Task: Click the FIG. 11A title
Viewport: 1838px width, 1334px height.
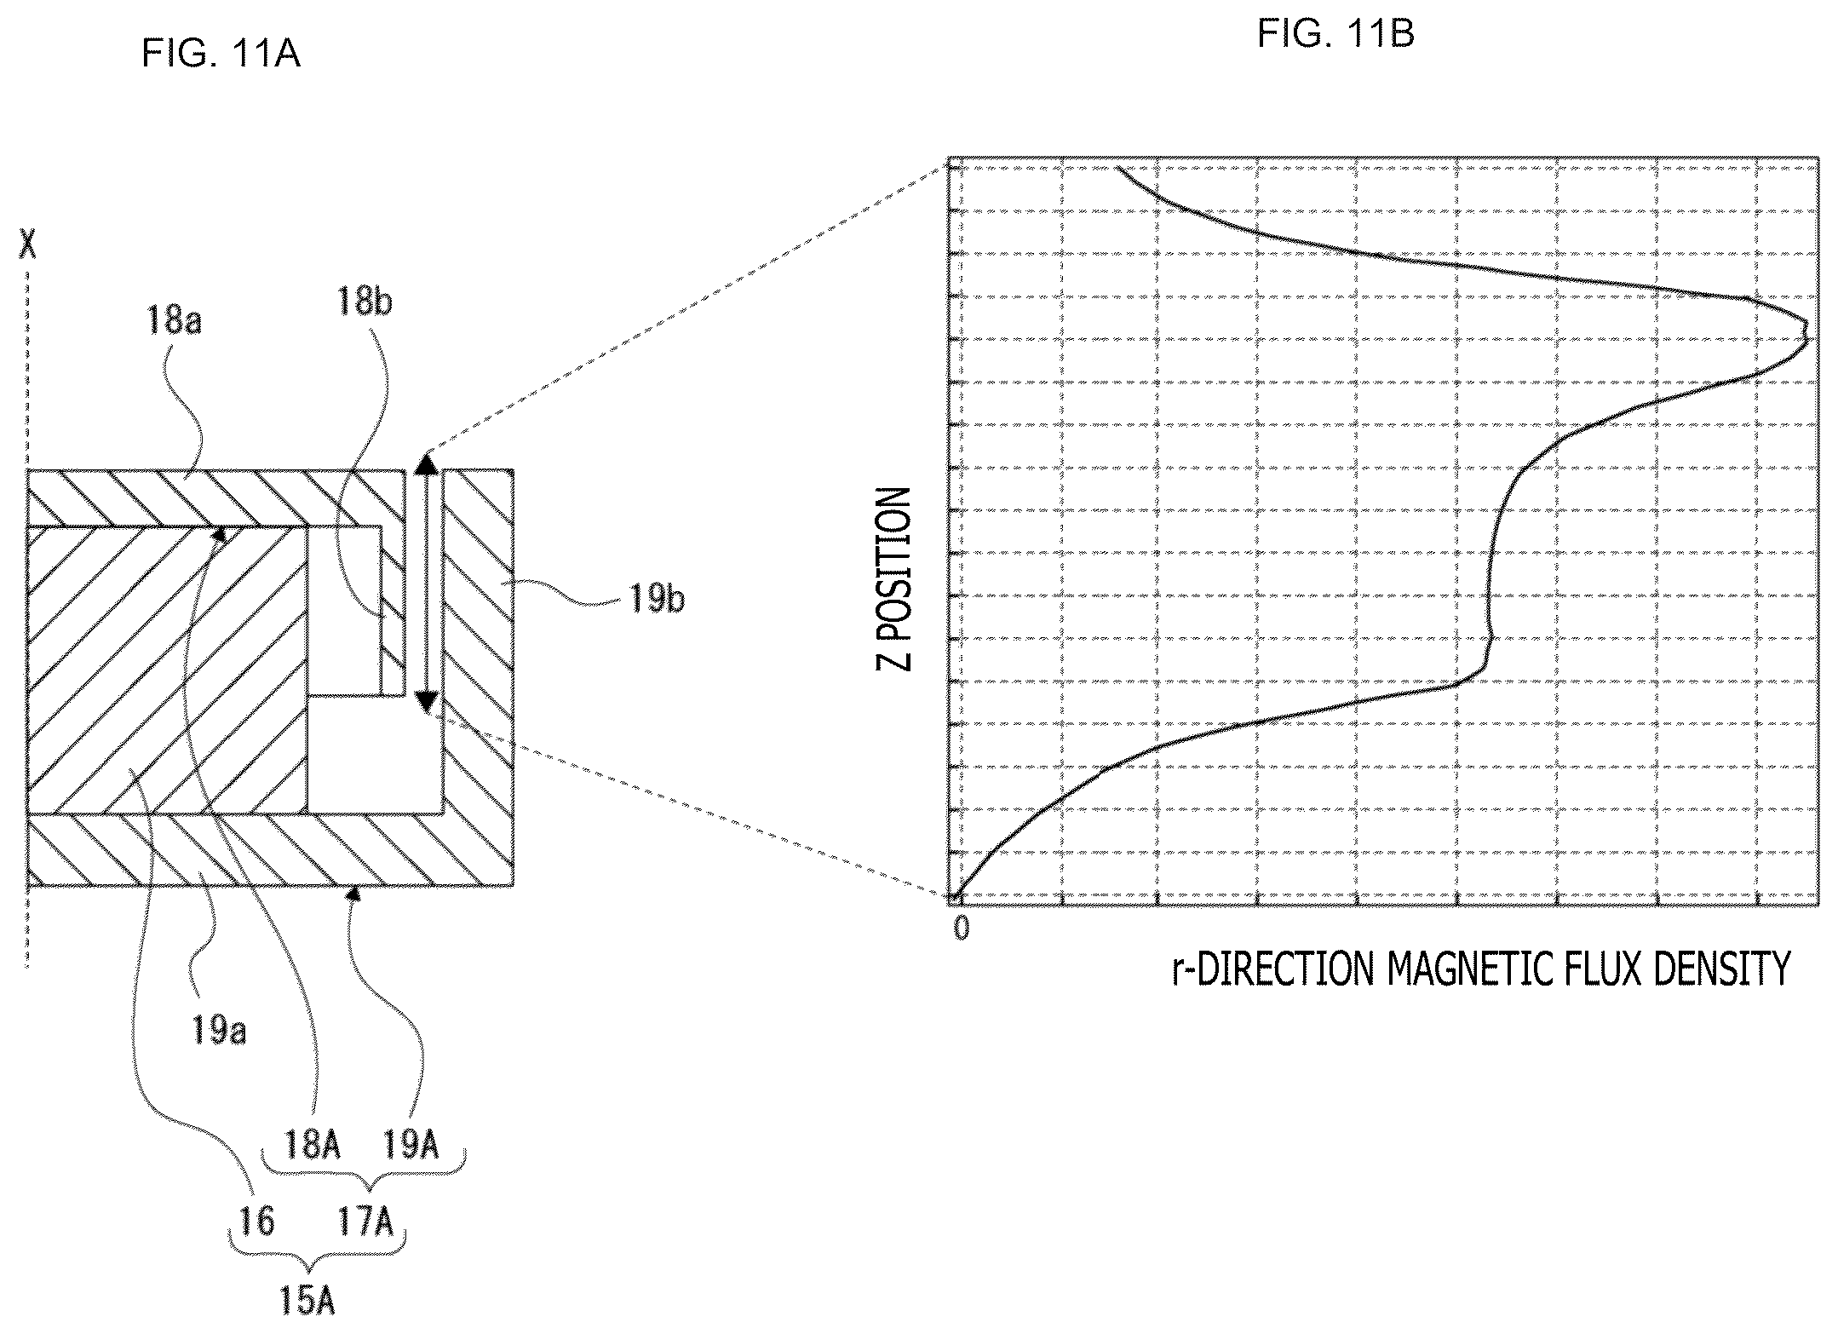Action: (221, 55)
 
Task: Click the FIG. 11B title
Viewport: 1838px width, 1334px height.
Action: (1335, 34)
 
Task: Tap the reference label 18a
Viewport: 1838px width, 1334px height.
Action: (173, 321)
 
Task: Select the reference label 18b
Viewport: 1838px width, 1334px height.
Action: (365, 301)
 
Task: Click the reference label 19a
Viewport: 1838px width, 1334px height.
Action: (219, 1030)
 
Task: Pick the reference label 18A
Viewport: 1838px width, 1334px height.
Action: (313, 1145)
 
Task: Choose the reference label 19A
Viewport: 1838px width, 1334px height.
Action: (411, 1145)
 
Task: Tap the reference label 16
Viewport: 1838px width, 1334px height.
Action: (256, 1222)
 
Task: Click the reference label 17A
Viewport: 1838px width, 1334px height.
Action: (365, 1222)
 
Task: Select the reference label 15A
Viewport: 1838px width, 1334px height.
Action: (307, 1300)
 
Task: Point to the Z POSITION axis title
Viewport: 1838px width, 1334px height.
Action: (894, 579)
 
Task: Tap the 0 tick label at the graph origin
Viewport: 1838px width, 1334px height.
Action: (962, 929)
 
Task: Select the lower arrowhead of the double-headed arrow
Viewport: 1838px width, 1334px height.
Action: (426, 703)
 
